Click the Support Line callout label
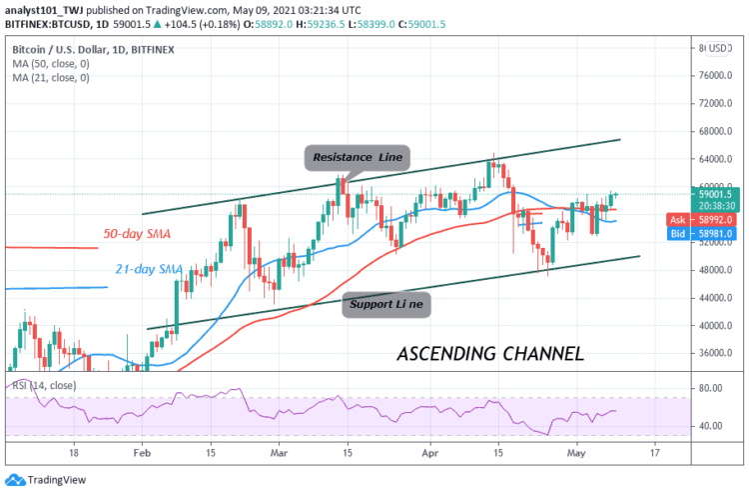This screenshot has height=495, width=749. pos(387,303)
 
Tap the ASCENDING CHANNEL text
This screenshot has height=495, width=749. pos(489,354)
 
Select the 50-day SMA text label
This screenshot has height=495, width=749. pos(143,233)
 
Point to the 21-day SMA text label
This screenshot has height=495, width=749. pos(149,270)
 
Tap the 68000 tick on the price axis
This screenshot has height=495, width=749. pos(712,131)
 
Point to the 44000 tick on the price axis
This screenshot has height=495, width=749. pos(712,298)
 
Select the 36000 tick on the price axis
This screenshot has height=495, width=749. pos(712,353)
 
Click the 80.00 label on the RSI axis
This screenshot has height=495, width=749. pos(710,388)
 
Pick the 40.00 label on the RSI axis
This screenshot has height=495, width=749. pos(710,426)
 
